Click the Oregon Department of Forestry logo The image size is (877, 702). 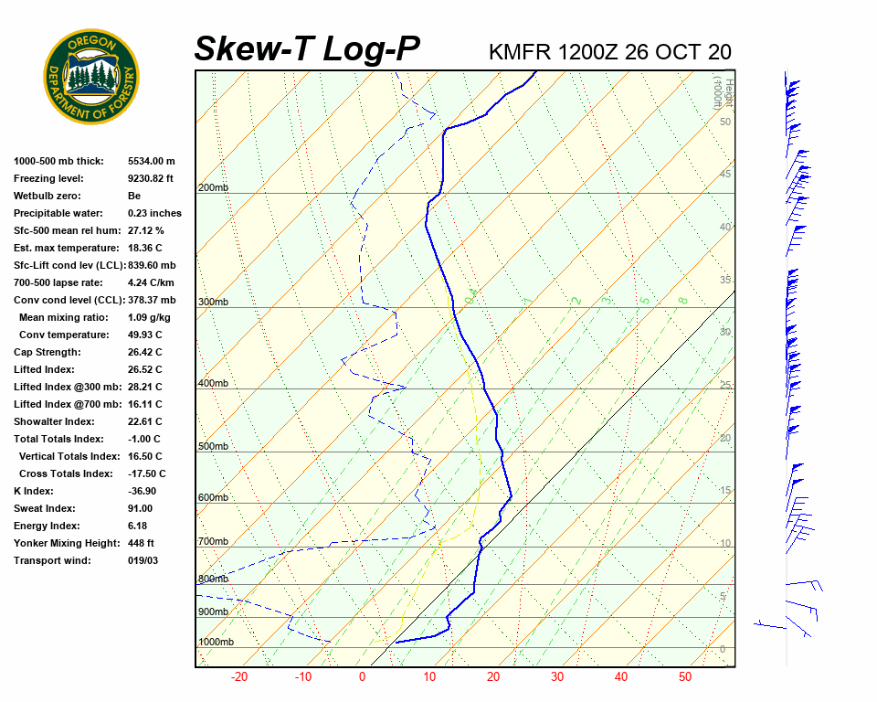(x=91, y=77)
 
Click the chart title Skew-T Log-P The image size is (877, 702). (x=307, y=48)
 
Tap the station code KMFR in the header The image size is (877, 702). (x=520, y=51)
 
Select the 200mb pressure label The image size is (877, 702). (x=213, y=188)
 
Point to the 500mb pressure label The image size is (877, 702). (x=213, y=447)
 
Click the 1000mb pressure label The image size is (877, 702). (x=216, y=643)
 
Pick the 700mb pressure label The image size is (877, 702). (x=213, y=542)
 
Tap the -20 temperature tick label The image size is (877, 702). (x=239, y=677)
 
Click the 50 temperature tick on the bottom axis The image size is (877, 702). (x=685, y=677)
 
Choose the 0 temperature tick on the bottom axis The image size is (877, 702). (x=362, y=677)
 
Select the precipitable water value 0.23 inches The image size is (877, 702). (x=154, y=213)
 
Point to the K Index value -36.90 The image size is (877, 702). (x=143, y=491)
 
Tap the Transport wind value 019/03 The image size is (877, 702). (x=143, y=560)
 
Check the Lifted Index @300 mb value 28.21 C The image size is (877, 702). (x=145, y=387)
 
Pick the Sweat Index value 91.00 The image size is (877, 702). (x=141, y=508)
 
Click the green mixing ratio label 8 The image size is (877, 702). (x=682, y=300)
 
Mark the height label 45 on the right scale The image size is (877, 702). (x=725, y=175)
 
